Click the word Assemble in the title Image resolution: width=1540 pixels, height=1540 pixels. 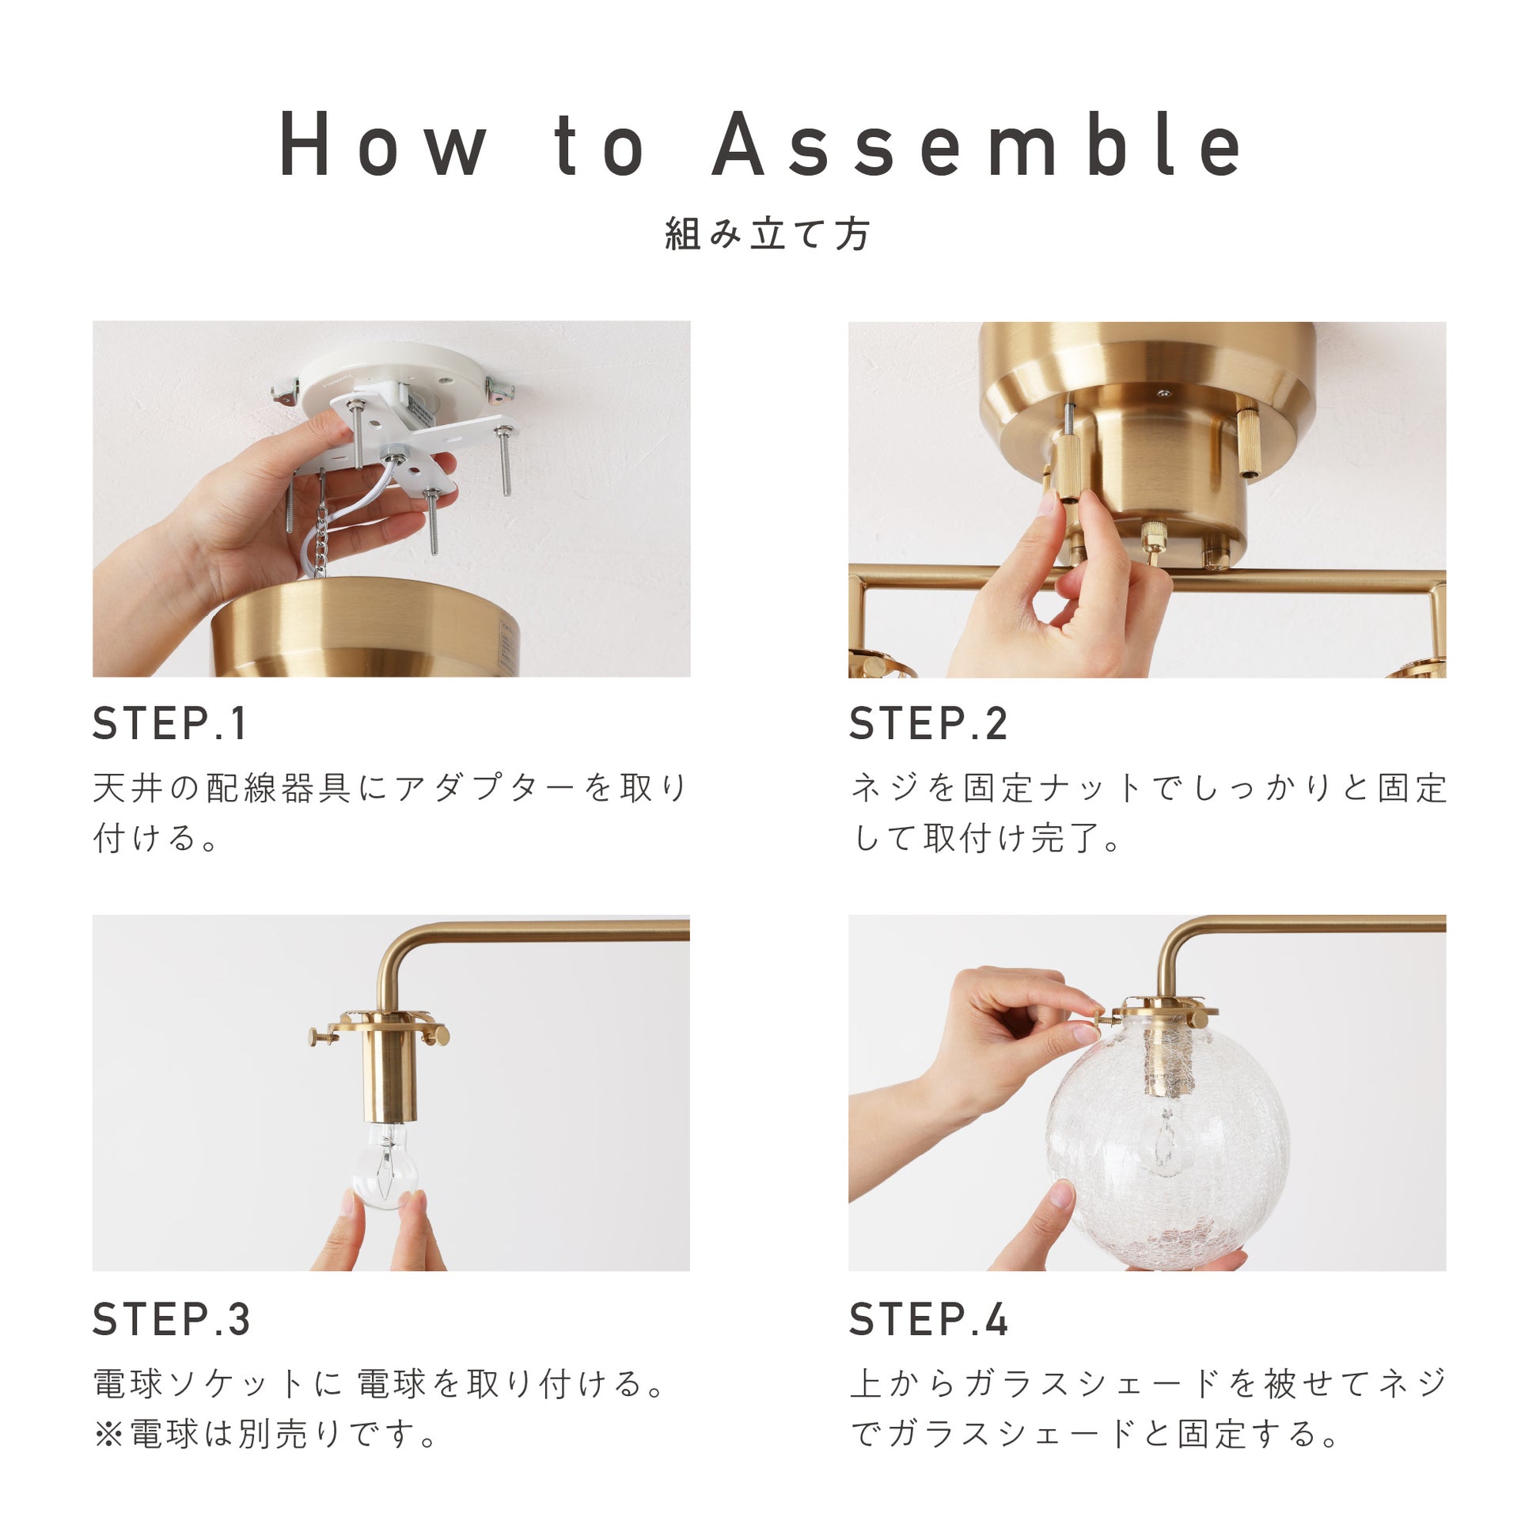977,143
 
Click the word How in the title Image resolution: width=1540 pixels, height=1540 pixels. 383,143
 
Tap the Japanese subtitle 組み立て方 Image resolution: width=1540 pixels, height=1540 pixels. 768,234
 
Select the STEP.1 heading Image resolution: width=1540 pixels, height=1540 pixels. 169,724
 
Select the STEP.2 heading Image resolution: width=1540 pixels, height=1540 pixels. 927,724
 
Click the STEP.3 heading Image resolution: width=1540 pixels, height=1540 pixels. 172,1319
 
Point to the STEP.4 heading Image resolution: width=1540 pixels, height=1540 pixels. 928,1319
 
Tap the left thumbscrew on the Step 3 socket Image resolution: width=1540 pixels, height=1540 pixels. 322,1036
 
